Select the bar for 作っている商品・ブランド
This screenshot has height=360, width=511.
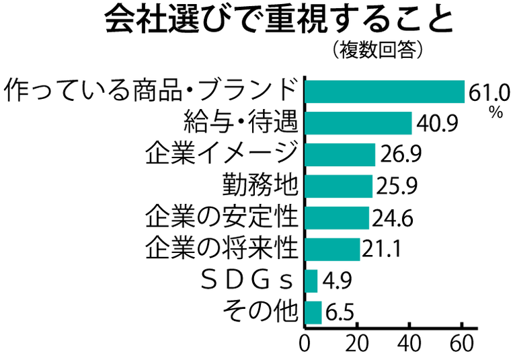click(x=385, y=92)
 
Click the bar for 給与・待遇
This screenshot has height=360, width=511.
click(x=358, y=123)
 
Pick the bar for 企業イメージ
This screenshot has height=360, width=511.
click(x=340, y=154)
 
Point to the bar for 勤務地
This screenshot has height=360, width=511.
click(x=339, y=186)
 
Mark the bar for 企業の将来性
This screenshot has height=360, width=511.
click(x=333, y=249)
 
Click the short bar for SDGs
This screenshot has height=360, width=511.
click(x=311, y=281)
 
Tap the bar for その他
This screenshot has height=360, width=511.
click(x=313, y=312)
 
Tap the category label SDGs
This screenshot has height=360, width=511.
click(x=248, y=281)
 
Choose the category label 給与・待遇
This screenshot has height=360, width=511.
click(x=240, y=123)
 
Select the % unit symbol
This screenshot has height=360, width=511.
click(x=496, y=113)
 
